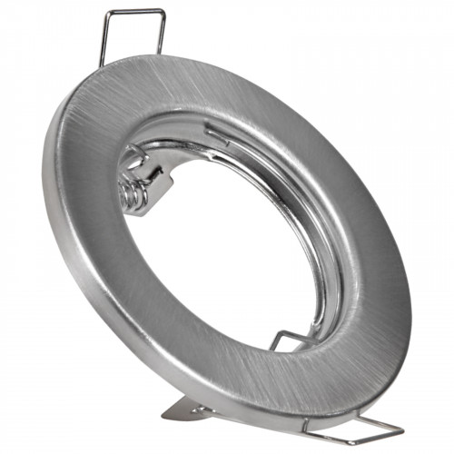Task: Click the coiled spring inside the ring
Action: (133, 192)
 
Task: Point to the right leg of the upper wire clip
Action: (163, 32)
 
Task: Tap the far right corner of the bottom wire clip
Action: (400, 429)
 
